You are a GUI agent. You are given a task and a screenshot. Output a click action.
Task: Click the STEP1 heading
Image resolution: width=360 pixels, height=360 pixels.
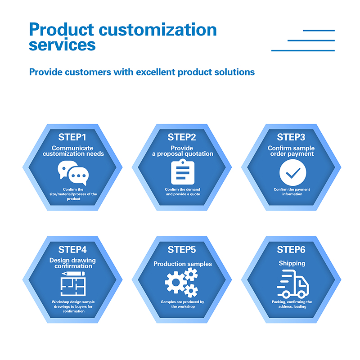[x=72, y=137]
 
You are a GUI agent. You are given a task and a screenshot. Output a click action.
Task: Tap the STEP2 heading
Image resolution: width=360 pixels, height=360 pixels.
[x=182, y=137]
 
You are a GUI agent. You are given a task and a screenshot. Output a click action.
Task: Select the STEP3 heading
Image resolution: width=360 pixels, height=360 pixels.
[x=291, y=137]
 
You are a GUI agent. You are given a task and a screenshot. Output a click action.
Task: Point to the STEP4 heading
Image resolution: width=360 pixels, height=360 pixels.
[x=72, y=250]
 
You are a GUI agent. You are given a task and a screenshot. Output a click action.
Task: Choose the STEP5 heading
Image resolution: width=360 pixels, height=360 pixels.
[x=182, y=250]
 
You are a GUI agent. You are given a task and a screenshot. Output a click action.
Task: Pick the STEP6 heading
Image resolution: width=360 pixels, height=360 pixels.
[x=291, y=250]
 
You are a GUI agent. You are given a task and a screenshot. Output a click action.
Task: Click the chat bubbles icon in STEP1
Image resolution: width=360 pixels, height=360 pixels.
[x=73, y=173]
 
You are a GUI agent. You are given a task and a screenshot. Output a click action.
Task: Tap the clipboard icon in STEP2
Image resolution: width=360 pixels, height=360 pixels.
[x=183, y=172]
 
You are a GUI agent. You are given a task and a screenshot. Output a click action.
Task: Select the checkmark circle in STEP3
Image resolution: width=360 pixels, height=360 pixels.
[x=293, y=172]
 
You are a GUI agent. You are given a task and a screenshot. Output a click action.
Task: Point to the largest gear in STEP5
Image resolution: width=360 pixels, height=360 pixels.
[x=176, y=283]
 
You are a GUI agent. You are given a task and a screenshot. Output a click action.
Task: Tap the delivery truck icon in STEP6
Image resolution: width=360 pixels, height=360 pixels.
[x=293, y=284]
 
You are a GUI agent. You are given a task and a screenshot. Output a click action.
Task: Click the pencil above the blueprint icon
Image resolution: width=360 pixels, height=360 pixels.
[x=73, y=274]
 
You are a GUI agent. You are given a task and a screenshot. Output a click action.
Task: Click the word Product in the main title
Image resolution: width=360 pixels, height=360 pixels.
[x=62, y=30]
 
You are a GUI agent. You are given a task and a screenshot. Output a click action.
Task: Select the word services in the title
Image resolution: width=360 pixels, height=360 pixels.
[x=62, y=45]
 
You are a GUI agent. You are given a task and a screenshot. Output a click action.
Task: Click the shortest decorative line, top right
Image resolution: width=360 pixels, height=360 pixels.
[x=319, y=30]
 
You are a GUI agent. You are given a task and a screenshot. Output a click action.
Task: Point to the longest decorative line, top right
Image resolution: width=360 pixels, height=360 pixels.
[x=303, y=50]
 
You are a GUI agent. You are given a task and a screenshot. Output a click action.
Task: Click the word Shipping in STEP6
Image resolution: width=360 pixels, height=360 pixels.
[x=292, y=263]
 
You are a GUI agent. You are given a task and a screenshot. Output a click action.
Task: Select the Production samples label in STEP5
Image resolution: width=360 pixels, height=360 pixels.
[x=183, y=264]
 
